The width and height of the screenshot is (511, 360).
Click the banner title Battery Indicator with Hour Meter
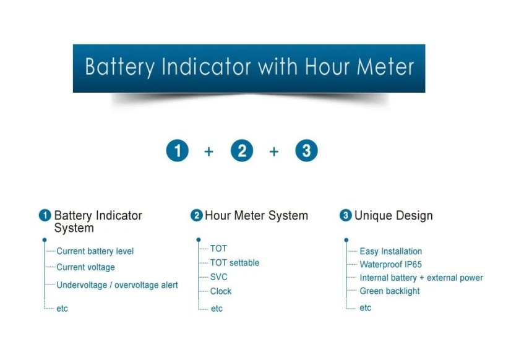click(249, 67)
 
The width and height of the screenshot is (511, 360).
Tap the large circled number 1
click(178, 151)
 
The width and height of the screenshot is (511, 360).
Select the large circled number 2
click(242, 151)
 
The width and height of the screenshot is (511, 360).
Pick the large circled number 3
click(306, 151)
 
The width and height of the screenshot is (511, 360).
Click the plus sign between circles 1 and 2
click(209, 152)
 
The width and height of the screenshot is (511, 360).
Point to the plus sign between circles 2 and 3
click(274, 152)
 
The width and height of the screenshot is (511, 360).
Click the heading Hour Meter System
click(256, 216)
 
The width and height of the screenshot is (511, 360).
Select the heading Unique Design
click(393, 216)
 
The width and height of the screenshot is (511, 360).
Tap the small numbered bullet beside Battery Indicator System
click(45, 216)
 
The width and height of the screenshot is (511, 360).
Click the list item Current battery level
click(95, 251)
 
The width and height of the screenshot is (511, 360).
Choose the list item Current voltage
click(85, 267)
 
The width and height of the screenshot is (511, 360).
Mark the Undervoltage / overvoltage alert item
click(117, 285)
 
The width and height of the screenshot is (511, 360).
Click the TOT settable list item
click(234, 263)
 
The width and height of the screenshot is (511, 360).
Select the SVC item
click(219, 277)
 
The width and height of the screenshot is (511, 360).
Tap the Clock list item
click(221, 291)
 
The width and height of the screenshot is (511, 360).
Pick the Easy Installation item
click(391, 252)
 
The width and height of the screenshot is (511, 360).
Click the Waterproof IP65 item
click(390, 265)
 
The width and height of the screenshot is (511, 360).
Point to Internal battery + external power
click(421, 278)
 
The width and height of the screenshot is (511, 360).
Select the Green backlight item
click(390, 291)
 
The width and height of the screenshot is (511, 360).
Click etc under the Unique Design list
click(366, 307)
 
